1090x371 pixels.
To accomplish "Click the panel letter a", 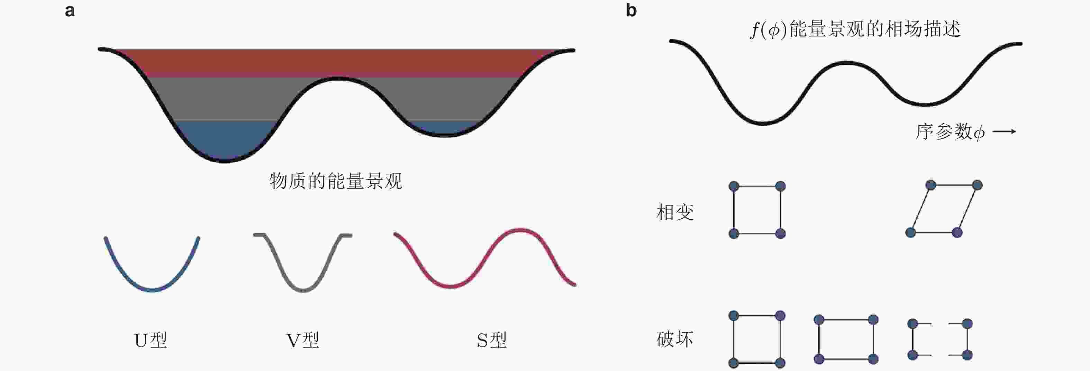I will coord(70,11).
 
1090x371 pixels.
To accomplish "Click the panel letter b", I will coord(631,11).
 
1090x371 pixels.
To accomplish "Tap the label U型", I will coord(151,340).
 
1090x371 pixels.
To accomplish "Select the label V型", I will coord(302,340).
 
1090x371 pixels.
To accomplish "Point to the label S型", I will coord(491,340).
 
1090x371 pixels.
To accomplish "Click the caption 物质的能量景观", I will coord(336,181).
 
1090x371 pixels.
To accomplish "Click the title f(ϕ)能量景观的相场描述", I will coord(855,29).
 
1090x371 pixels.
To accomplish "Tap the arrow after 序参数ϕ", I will coord(1004,132).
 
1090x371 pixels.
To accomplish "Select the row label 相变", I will coord(675,212).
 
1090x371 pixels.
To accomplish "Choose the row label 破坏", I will coord(675,339).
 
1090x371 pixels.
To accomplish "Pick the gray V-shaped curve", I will coord(303,289).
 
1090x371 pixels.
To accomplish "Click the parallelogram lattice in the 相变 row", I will coord(944,209).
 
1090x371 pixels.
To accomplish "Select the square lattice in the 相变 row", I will coord(757,210).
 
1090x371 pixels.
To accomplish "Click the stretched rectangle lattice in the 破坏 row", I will coord(846,339).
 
